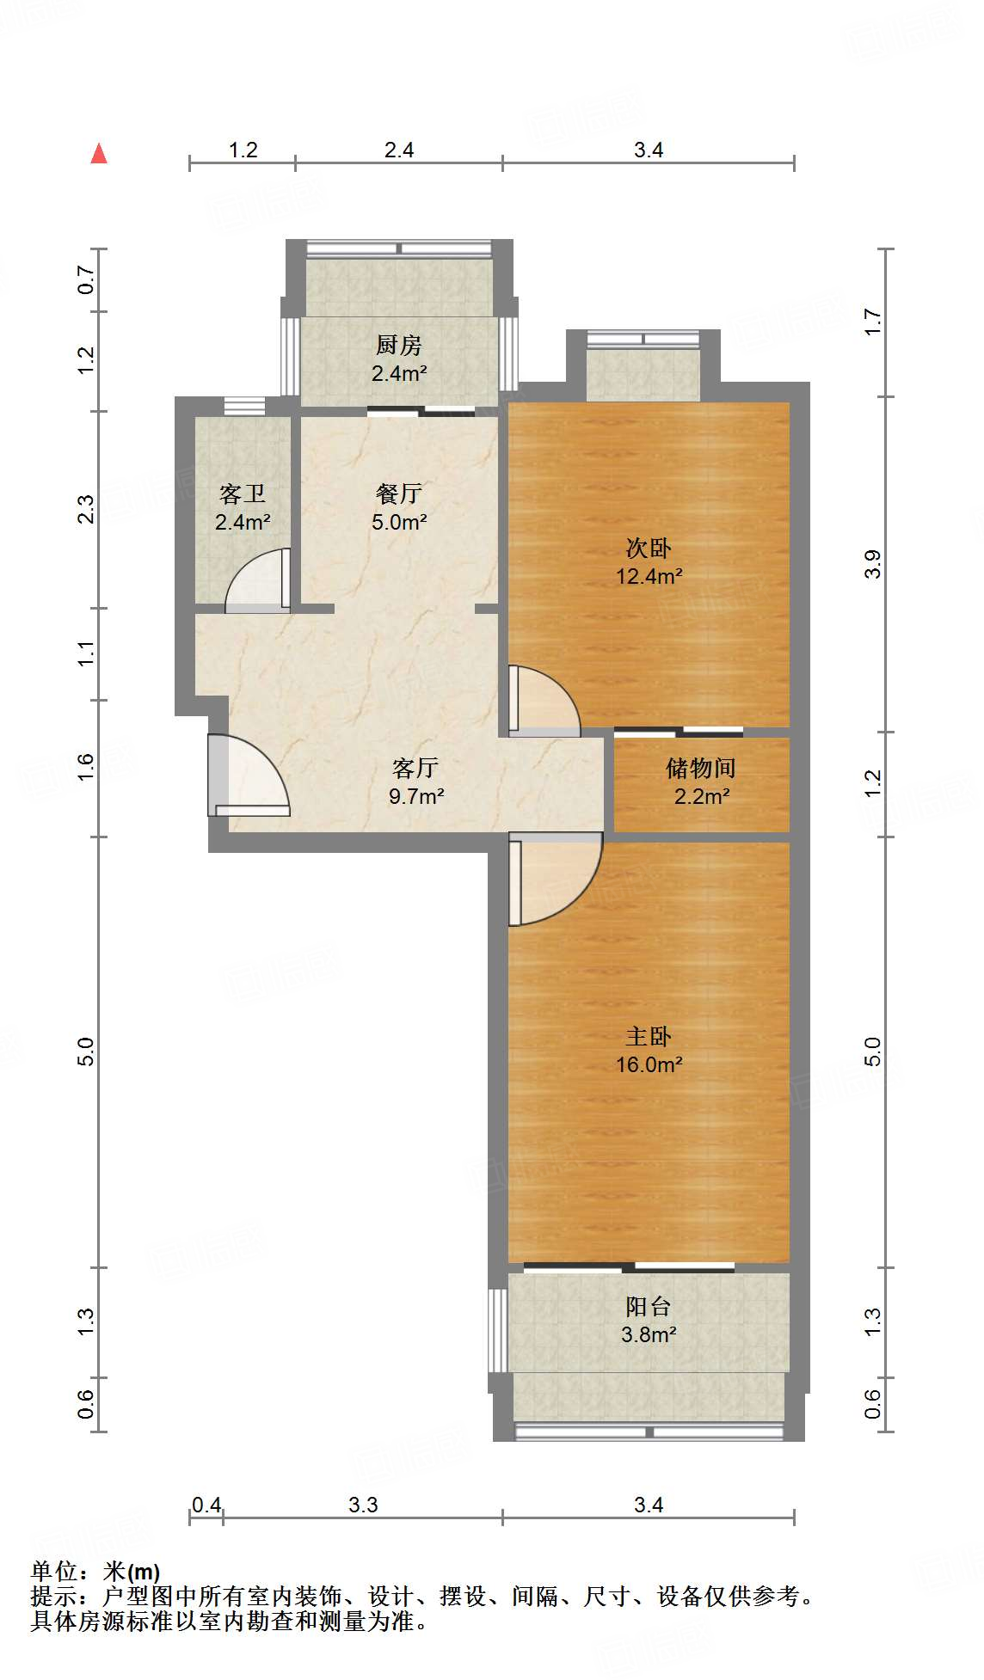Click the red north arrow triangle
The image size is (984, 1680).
[100, 154]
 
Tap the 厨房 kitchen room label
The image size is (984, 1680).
[399, 346]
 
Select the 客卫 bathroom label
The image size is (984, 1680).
[243, 494]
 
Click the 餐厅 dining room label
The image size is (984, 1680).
[399, 494]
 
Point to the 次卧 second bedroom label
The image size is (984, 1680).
[649, 549]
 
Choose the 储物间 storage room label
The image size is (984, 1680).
[701, 769]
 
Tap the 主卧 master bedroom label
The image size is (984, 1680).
[649, 1037]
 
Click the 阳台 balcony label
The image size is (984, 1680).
[649, 1307]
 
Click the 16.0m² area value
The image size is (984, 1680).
[649, 1064]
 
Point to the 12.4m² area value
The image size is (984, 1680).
[649, 576]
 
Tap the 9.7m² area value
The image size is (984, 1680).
[416, 796]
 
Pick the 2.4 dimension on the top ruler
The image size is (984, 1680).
[399, 150]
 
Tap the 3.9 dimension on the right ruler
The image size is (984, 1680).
[873, 564]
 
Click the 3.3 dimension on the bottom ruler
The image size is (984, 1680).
[363, 1505]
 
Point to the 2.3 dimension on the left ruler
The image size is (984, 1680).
[86, 509]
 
